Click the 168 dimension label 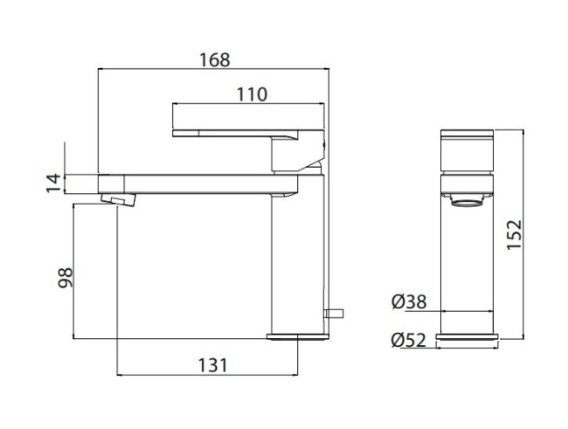coord(214,59)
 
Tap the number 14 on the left coord(53,182)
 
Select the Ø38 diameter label coord(409,302)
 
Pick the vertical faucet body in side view coord(298,262)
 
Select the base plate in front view coord(469,336)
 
